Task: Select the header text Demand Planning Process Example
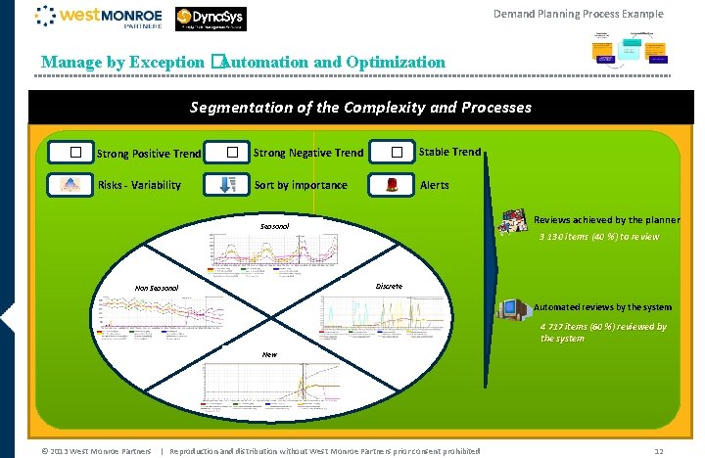578,14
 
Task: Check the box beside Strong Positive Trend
74,153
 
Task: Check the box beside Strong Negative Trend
232,153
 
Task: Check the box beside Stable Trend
397,153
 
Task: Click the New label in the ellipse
268,354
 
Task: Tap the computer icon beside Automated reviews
511,308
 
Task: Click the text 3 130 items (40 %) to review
599,237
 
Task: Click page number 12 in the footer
659,450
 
